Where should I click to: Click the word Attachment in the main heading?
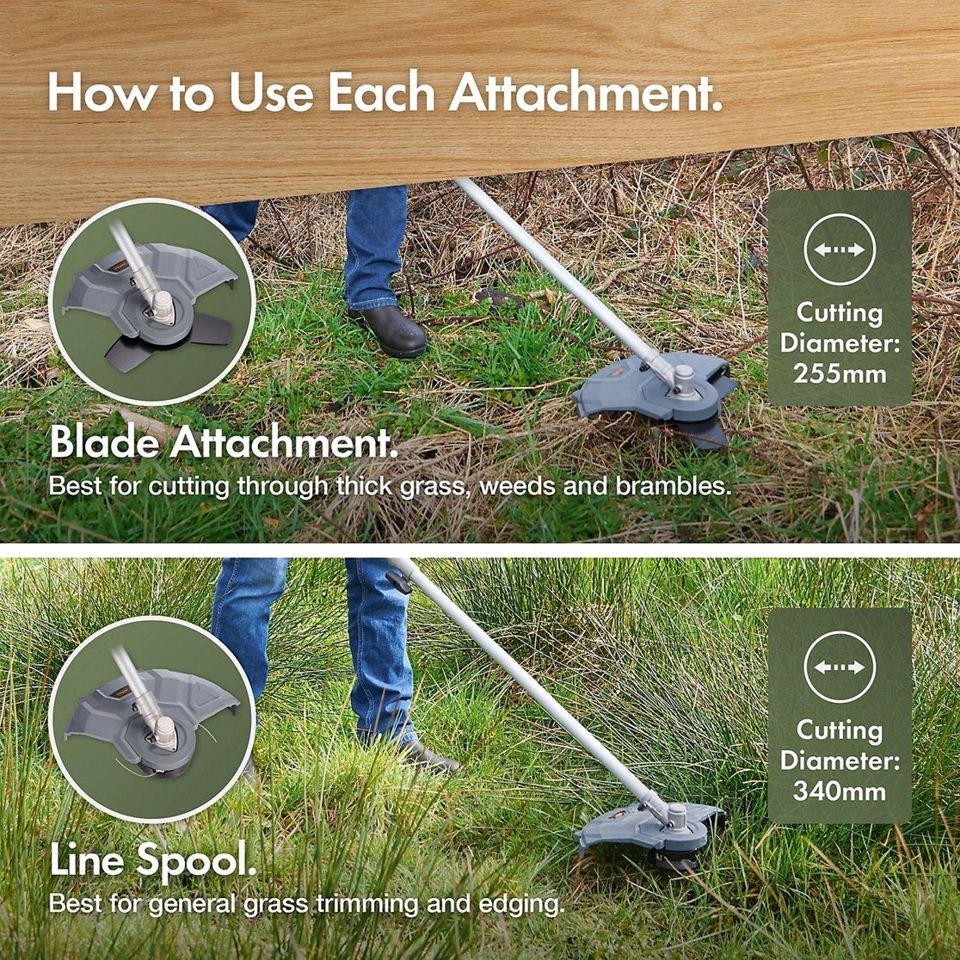[584, 92]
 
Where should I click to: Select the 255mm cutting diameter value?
[840, 373]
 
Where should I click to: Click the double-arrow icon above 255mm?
[840, 249]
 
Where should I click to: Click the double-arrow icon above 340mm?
[840, 667]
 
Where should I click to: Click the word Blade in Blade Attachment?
[104, 443]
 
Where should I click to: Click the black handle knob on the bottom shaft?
[398, 582]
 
